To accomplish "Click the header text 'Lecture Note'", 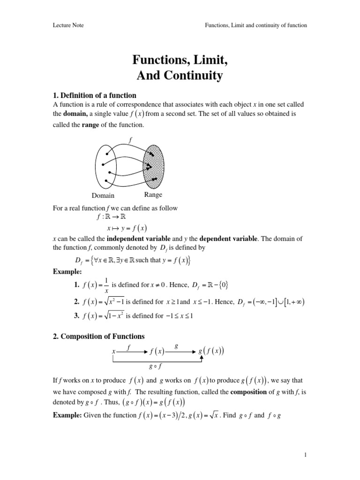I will (x=68, y=25).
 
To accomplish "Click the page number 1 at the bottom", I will (x=305, y=455).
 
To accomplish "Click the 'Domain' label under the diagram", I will (x=103, y=195).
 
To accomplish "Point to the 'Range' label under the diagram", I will (x=153, y=195).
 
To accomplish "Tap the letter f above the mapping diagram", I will (x=130, y=139).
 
